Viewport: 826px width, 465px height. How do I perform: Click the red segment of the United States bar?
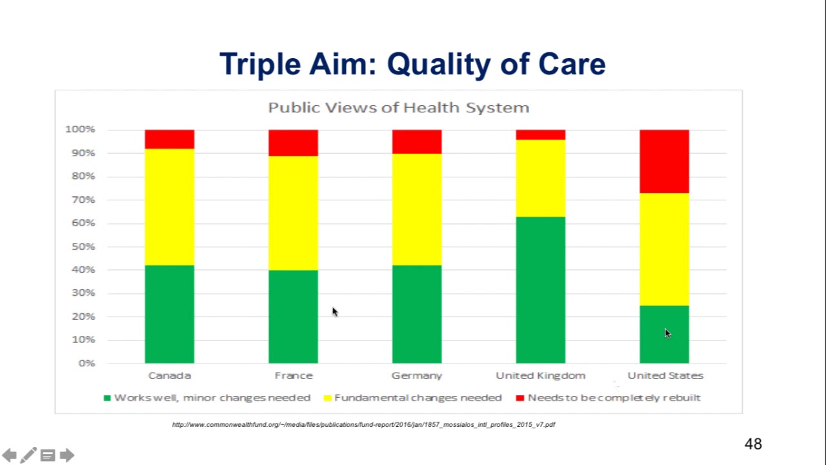(664, 161)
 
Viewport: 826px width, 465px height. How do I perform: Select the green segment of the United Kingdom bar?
(540, 290)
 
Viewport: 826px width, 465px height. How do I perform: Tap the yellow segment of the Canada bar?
(169, 207)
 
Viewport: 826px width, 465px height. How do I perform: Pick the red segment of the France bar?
(293, 143)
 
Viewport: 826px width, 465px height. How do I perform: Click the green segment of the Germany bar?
(417, 314)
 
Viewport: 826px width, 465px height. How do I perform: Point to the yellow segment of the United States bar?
(664, 249)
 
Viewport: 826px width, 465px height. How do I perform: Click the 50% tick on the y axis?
(83, 247)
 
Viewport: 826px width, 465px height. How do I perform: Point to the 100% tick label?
(80, 129)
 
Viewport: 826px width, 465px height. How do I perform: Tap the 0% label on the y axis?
(86, 363)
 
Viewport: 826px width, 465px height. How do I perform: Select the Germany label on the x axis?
(417, 375)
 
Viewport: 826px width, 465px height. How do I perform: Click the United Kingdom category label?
(540, 375)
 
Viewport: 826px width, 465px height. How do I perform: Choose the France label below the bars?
(293, 375)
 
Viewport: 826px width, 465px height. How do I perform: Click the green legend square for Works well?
(107, 398)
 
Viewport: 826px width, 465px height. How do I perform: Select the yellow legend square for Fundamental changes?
(327, 398)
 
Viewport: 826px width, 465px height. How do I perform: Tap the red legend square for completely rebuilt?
(520, 398)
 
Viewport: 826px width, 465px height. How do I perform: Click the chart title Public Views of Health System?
(398, 108)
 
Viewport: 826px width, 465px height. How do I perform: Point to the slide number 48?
(753, 444)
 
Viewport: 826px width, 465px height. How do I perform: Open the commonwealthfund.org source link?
(363, 424)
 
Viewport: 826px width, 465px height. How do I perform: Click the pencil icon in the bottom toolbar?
(28, 455)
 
